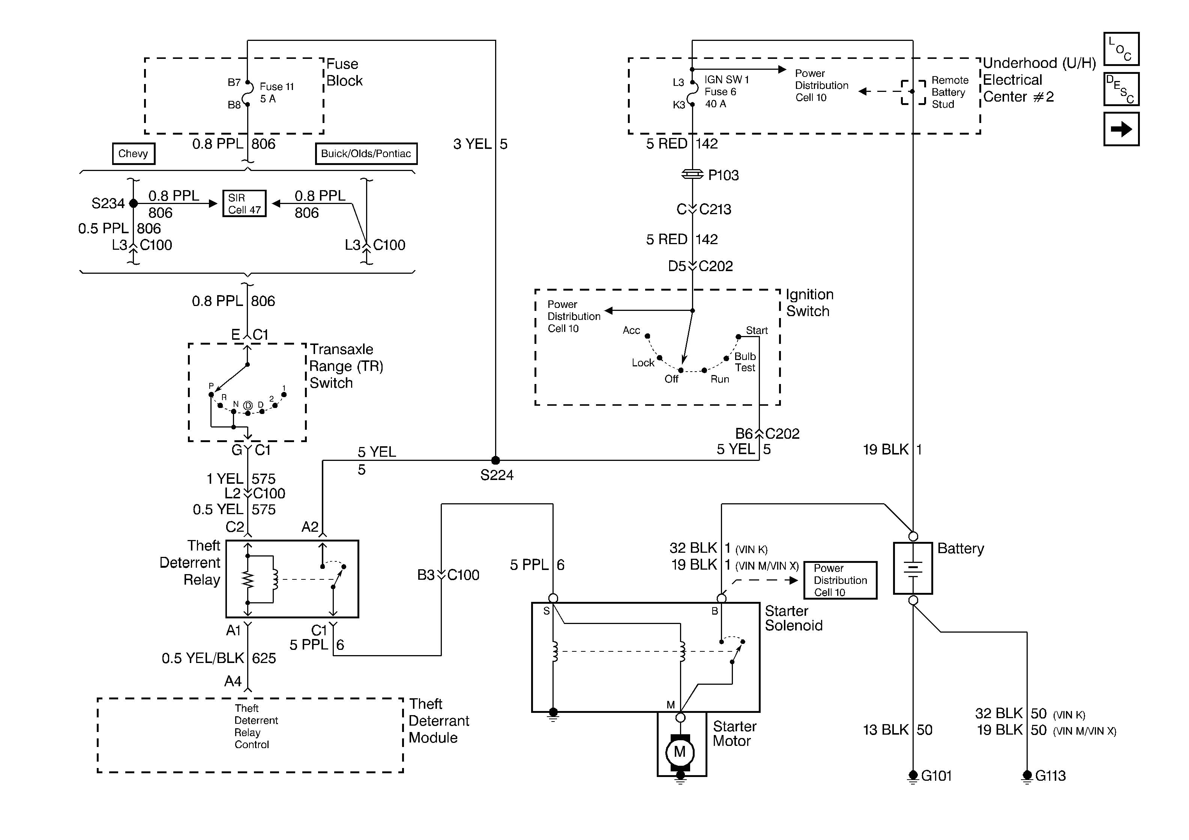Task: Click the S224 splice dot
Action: pos(495,460)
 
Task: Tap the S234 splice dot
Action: pos(134,204)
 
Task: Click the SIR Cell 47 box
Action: pos(245,204)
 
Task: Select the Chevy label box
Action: pos(133,153)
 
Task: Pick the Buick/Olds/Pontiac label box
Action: pos(366,153)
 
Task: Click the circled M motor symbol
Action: pos(680,751)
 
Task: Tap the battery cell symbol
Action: pos(913,568)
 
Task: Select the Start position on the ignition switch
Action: pos(757,330)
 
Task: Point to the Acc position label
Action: pos(631,330)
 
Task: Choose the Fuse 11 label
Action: pos(276,87)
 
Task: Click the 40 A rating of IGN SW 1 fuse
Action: pos(715,103)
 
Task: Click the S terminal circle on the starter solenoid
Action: pos(553,598)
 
